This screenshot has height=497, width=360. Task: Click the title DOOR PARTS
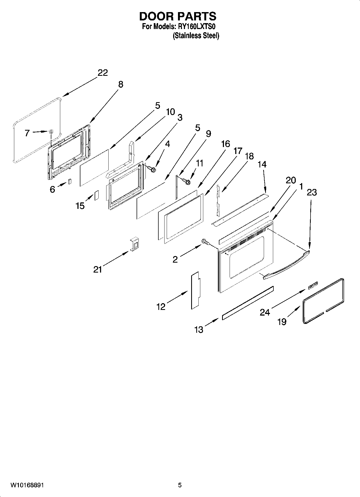tap(177, 16)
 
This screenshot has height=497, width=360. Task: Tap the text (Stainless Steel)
tap(196, 35)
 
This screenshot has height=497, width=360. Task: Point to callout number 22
tap(103, 73)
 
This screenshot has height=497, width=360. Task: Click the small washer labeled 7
tap(51, 131)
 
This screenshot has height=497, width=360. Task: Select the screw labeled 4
tap(152, 169)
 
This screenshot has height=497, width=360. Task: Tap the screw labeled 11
tap(186, 182)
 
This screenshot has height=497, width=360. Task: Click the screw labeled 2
tap(205, 242)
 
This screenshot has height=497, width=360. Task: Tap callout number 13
tap(199, 330)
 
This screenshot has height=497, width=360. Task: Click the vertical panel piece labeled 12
tap(195, 290)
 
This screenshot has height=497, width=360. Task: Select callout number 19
tap(282, 321)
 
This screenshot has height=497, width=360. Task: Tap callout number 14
tap(262, 164)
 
